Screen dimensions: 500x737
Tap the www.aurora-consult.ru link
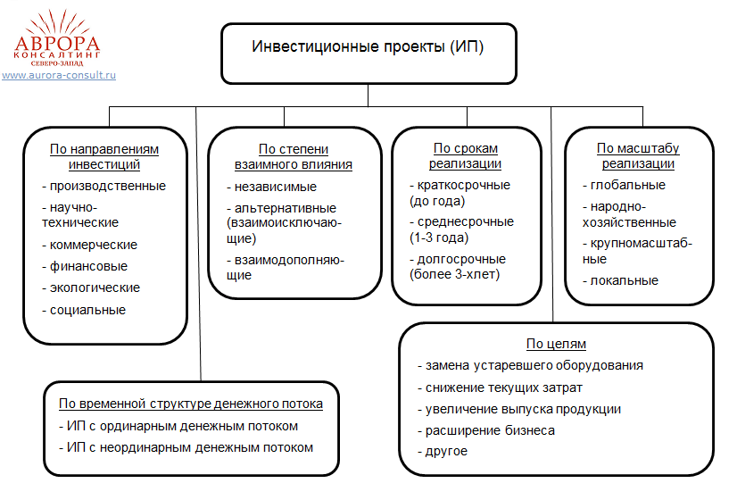point(59,75)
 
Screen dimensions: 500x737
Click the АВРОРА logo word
point(58,43)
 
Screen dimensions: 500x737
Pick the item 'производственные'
point(108,186)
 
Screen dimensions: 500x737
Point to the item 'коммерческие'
point(93,245)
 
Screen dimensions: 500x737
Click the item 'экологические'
point(95,287)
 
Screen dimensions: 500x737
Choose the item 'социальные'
point(87,310)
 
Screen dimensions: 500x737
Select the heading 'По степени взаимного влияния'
point(294,156)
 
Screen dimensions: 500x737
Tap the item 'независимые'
point(276,187)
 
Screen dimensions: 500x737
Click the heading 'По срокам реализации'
point(465,155)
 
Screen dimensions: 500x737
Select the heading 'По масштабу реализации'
point(638,155)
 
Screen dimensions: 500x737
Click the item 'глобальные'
point(627,185)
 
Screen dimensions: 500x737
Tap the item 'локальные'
point(624,280)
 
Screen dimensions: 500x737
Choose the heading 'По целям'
point(556,344)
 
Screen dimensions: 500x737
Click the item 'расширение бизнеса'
point(490,430)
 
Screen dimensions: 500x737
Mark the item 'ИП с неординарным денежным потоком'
point(189,447)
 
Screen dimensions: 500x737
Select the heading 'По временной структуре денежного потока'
point(191,404)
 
